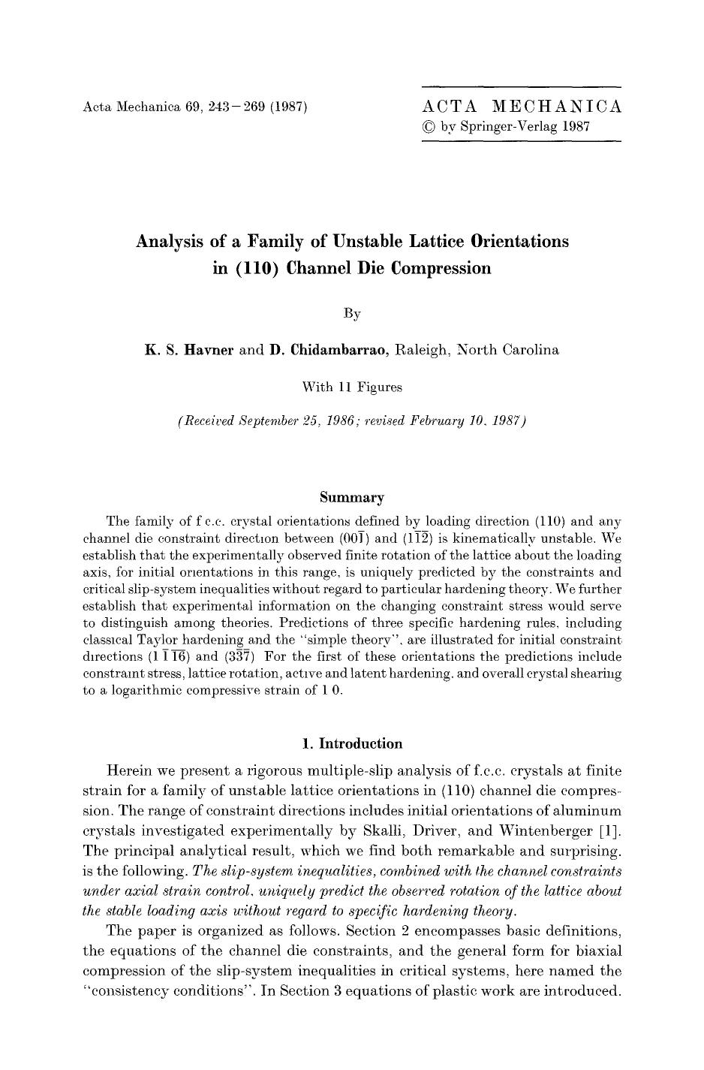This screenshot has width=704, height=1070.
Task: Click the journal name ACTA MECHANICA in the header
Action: coord(522,106)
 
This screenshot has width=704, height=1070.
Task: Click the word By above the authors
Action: coord(352,313)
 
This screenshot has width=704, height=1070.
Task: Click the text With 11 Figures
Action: coord(351,387)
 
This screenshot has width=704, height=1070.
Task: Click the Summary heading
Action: coord(351,497)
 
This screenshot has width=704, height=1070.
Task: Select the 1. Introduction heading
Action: coord(351,743)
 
